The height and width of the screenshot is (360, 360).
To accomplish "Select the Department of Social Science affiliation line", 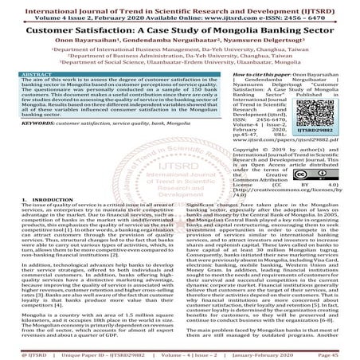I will click(180, 75).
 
